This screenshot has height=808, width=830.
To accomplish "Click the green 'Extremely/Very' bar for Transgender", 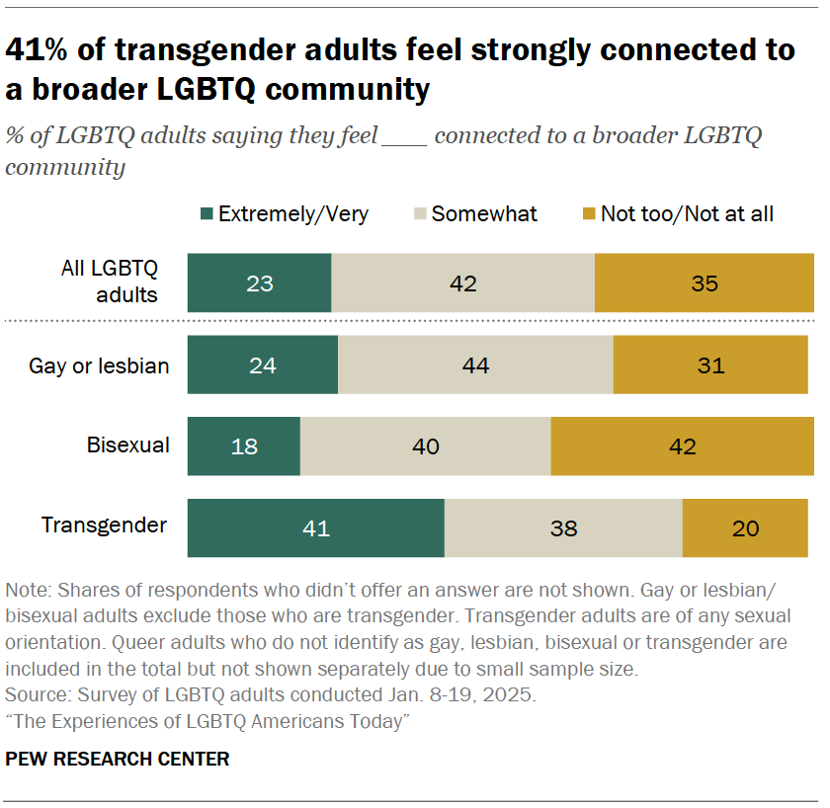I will click(315, 528).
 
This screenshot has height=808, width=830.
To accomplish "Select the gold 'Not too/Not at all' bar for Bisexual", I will click(682, 446).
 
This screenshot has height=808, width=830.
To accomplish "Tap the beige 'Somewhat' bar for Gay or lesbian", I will click(475, 365).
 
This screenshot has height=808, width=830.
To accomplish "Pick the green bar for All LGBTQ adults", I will click(259, 283).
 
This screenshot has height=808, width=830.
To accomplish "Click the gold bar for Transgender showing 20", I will click(746, 528).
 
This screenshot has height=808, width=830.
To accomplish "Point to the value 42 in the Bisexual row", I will click(682, 446).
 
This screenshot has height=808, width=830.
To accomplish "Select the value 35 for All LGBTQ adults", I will click(705, 283).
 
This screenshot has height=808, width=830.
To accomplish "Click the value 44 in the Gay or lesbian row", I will click(475, 365).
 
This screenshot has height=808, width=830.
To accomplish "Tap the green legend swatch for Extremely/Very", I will click(207, 214).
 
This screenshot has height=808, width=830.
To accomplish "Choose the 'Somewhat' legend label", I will click(484, 214).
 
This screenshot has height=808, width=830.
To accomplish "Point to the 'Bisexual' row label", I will click(127, 445).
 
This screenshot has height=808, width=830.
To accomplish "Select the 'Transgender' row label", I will click(105, 525).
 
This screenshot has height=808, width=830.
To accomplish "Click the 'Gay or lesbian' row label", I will click(99, 365).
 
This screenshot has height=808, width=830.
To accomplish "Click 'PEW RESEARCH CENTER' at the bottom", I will click(118, 759).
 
